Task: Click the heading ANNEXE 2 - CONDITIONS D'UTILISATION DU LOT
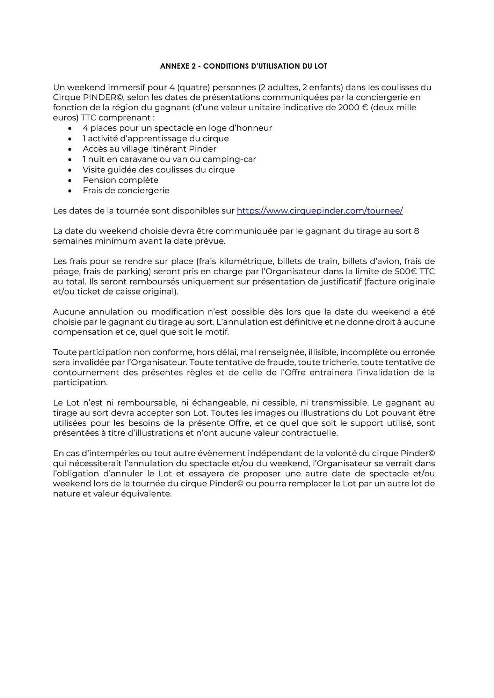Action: click(x=244, y=66)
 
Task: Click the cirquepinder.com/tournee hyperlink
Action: click(x=320, y=211)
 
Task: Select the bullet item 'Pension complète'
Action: click(x=120, y=180)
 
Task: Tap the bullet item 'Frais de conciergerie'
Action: click(x=126, y=191)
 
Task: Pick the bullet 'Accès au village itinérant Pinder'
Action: click(x=149, y=149)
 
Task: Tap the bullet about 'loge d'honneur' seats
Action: click(x=177, y=128)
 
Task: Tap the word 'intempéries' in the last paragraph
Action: click(x=116, y=453)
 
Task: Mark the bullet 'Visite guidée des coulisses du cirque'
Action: click(x=159, y=170)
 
